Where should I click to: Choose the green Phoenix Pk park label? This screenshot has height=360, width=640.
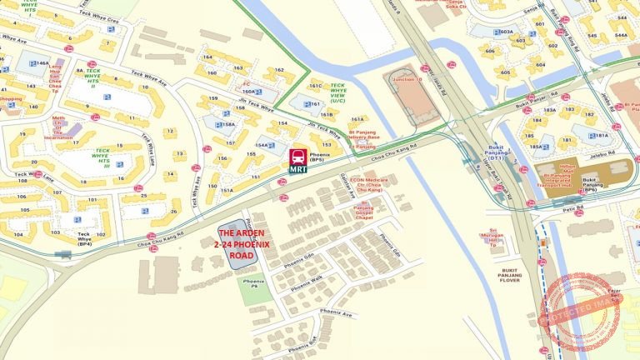252,283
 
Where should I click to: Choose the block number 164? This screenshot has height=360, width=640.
207,57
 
